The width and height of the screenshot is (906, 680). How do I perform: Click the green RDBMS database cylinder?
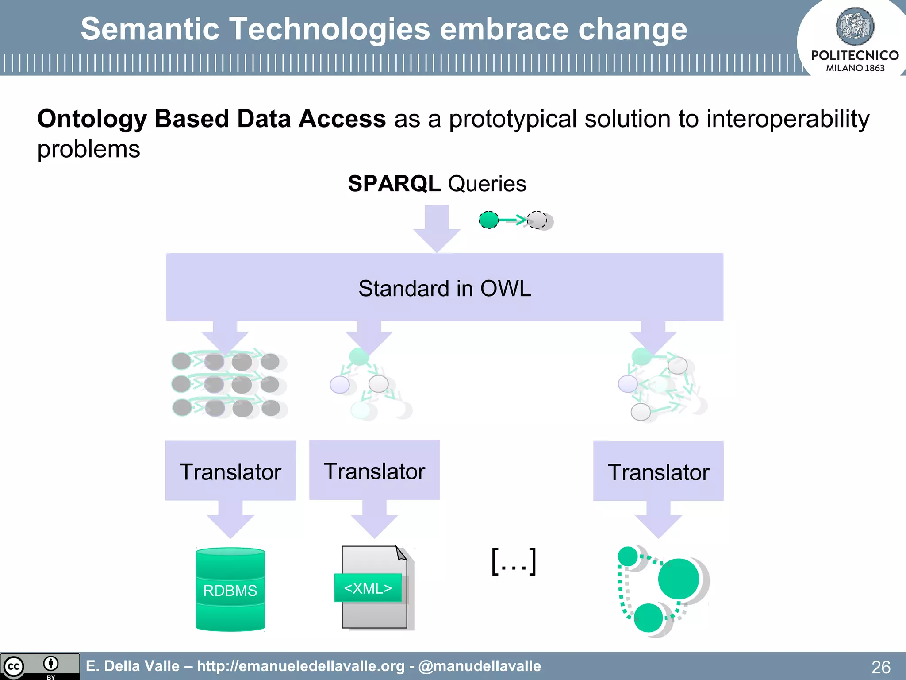tap(230, 590)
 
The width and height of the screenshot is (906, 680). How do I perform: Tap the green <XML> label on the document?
tap(368, 588)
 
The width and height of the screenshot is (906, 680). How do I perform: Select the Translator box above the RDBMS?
tap(230, 471)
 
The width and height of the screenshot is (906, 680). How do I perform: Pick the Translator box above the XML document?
tap(374, 470)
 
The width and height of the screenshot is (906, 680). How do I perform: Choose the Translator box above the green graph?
tap(658, 471)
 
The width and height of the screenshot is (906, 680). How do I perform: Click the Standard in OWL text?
tap(444, 288)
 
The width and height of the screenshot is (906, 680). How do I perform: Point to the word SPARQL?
tap(394, 183)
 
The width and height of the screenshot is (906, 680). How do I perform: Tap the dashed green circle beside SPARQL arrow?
tap(489, 220)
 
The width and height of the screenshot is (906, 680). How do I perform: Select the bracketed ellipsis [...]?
tap(514, 561)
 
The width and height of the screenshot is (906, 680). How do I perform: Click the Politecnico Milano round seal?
tap(855, 27)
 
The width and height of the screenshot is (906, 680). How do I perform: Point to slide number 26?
tap(880, 667)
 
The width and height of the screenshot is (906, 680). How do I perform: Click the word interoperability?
tap(787, 119)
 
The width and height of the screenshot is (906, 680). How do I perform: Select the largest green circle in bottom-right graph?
tap(678, 579)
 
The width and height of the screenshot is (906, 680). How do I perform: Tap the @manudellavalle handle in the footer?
tap(480, 666)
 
